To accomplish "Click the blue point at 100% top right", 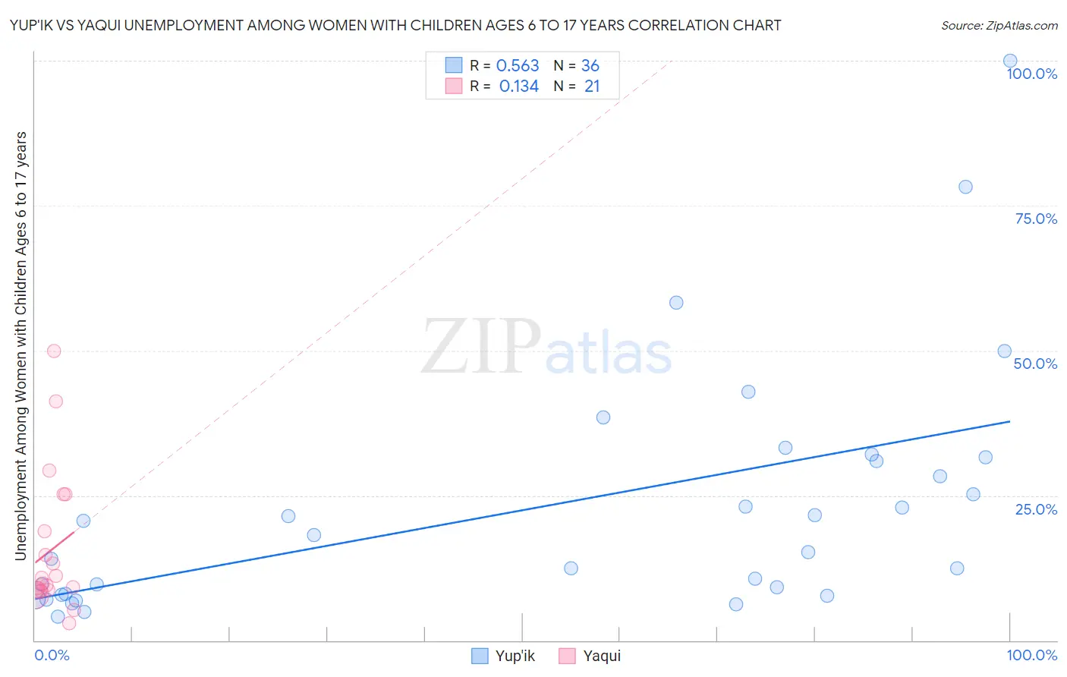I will coord(1009,61).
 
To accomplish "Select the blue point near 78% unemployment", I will coord(965,187).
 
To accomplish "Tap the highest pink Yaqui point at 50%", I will coord(54,351).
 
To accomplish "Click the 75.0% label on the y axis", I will coord(1036,219).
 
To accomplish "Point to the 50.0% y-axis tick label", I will coord(1035,364).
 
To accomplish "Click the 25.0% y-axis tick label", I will coord(1036,509).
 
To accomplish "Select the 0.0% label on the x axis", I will coord(52,655).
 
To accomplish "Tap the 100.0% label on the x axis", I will coord(1031,655).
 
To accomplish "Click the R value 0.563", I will coord(518,66).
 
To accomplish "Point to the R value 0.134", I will coord(519,87).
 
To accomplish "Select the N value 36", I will coord(590,66).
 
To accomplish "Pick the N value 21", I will coord(592,87).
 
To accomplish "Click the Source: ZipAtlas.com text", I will coord(999,26).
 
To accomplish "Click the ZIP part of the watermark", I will coord(480,348).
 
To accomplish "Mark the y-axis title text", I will coord(21,345).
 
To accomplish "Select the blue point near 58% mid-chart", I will coord(676,303).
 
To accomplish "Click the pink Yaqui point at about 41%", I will coord(55,401).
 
